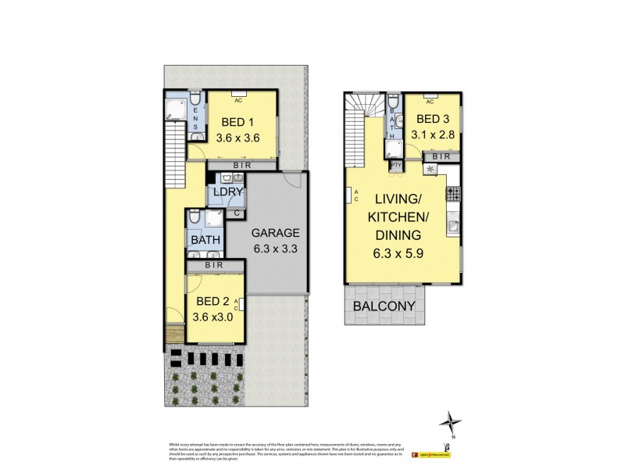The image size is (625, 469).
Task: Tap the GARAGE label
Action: pyautogui.click(x=276, y=233)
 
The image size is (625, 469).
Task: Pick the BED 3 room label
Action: pyautogui.click(x=434, y=119)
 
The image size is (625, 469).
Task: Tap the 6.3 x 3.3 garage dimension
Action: pyautogui.click(x=276, y=250)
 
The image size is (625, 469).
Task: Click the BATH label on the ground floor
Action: pyautogui.click(x=205, y=240)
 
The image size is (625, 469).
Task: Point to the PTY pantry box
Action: pyautogui.click(x=396, y=166)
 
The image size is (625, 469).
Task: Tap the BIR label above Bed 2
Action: pyautogui.click(x=215, y=266)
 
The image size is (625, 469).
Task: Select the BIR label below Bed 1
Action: pyautogui.click(x=242, y=165)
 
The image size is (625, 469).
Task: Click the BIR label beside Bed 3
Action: pyautogui.click(x=441, y=158)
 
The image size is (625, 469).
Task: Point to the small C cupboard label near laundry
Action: pyautogui.click(x=236, y=213)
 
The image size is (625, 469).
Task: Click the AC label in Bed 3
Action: pyautogui.click(x=430, y=101)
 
